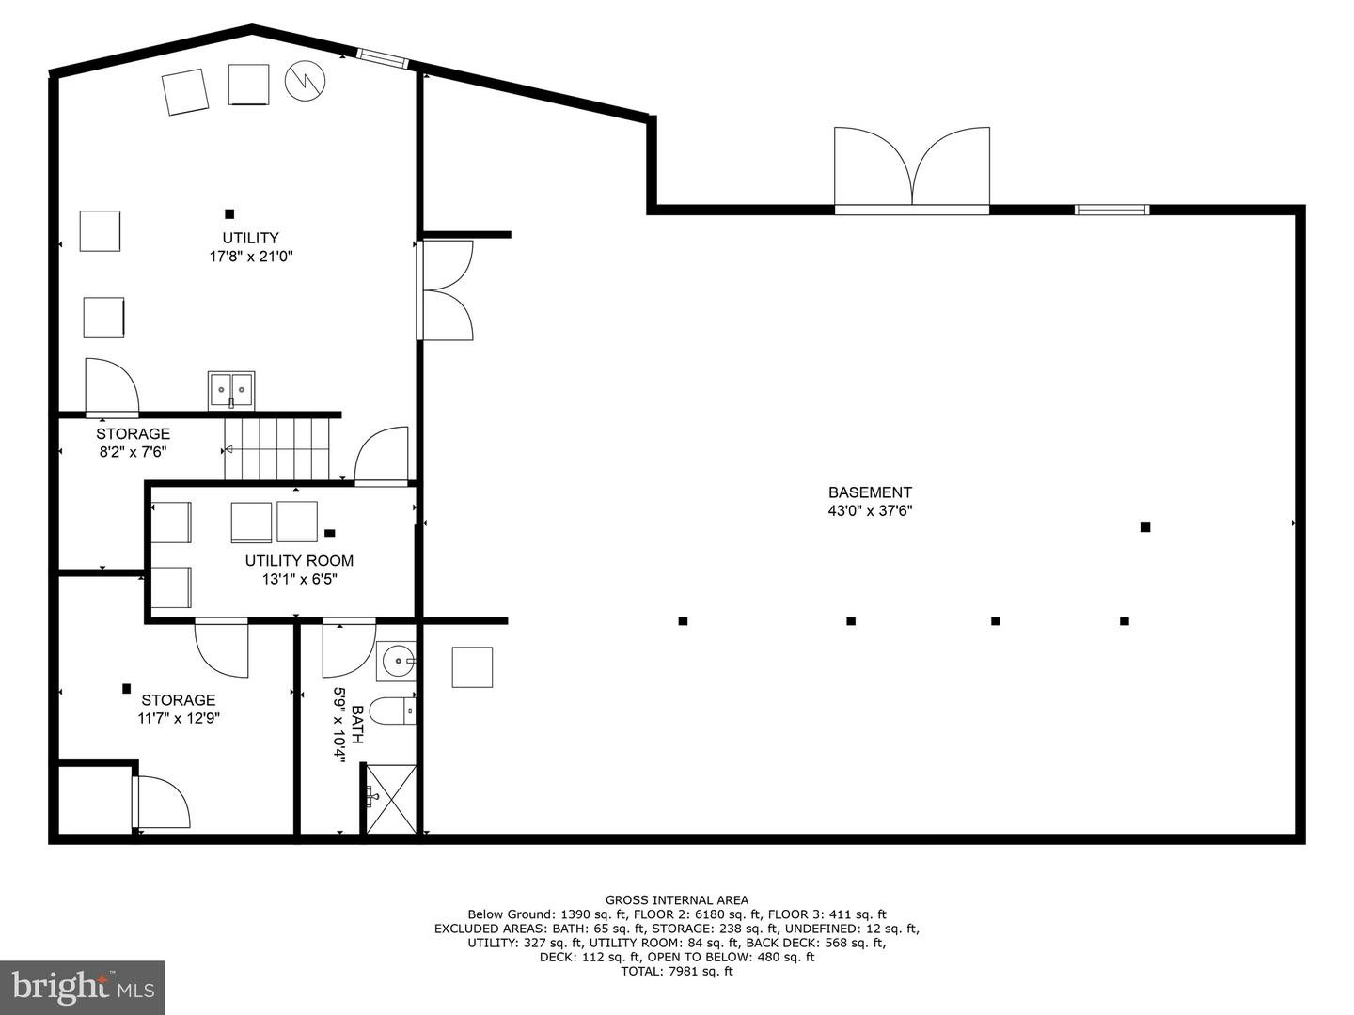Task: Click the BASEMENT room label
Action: point(870,492)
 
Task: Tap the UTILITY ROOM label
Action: point(299,561)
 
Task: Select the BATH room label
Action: point(357,725)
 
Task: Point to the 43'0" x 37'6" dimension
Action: point(870,511)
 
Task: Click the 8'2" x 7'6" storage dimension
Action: point(134,452)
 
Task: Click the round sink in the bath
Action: point(397,661)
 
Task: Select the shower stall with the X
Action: point(391,799)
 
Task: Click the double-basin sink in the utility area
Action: point(231,390)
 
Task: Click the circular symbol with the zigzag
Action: point(306,81)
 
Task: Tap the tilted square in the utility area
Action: point(185,91)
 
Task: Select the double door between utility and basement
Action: point(446,289)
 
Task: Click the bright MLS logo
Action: point(83,987)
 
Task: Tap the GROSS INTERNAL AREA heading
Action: point(677,900)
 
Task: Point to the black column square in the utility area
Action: point(229,214)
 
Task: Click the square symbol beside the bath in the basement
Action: point(473,667)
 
